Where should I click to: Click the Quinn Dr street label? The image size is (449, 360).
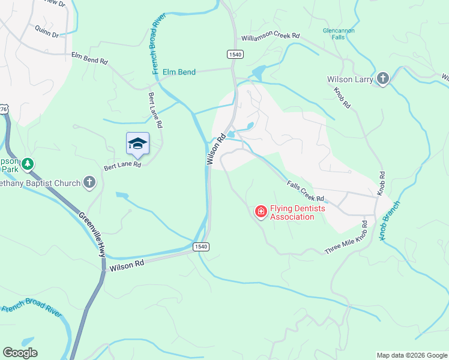47,31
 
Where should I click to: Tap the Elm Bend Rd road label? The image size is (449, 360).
89,59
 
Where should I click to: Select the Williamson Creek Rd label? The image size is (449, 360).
270,37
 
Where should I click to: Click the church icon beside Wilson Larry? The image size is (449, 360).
383,79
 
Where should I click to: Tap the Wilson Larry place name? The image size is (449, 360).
350,79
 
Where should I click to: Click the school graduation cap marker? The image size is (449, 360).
137,143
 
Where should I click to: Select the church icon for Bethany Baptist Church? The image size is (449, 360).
89,182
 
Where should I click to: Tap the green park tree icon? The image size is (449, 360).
27,164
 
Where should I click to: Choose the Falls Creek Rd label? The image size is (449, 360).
306,191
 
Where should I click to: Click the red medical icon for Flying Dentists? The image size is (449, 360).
261,211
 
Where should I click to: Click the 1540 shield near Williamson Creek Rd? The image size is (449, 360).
235,55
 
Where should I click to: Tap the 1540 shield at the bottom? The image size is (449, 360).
200,247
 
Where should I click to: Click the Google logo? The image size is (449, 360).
20,353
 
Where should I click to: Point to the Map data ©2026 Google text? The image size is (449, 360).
411,355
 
